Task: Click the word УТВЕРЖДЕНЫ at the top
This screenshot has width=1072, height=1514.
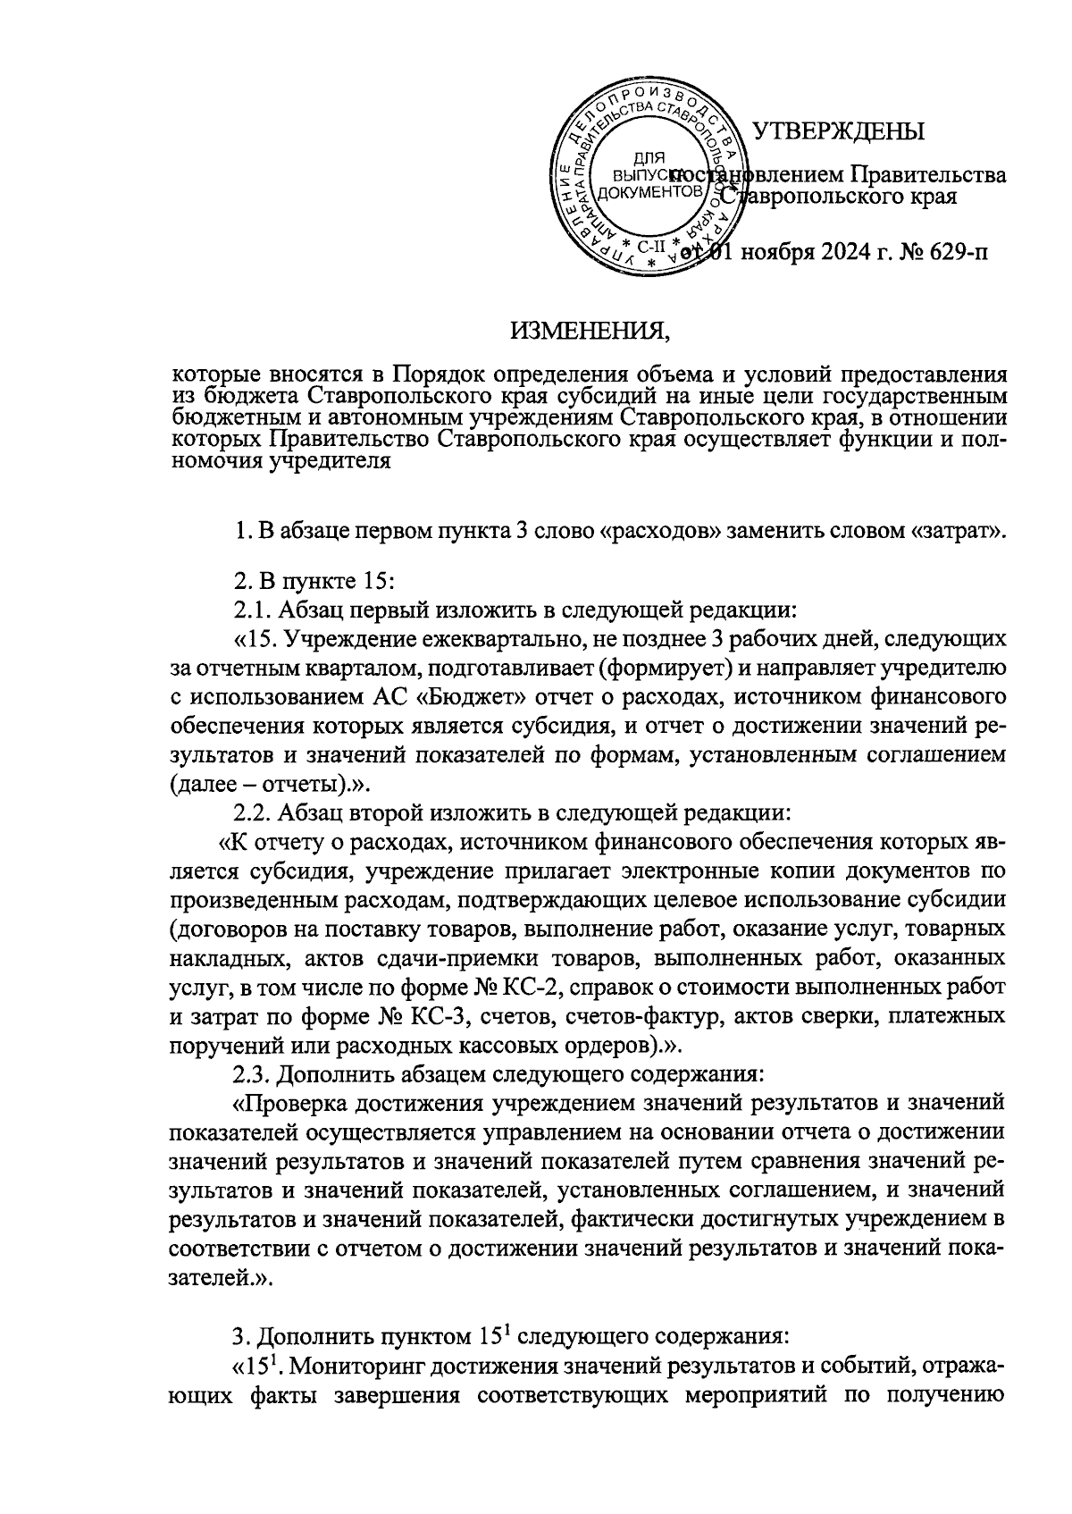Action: (x=837, y=131)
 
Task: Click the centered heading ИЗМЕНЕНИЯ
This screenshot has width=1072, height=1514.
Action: (x=590, y=333)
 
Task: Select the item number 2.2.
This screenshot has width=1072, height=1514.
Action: (x=253, y=813)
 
